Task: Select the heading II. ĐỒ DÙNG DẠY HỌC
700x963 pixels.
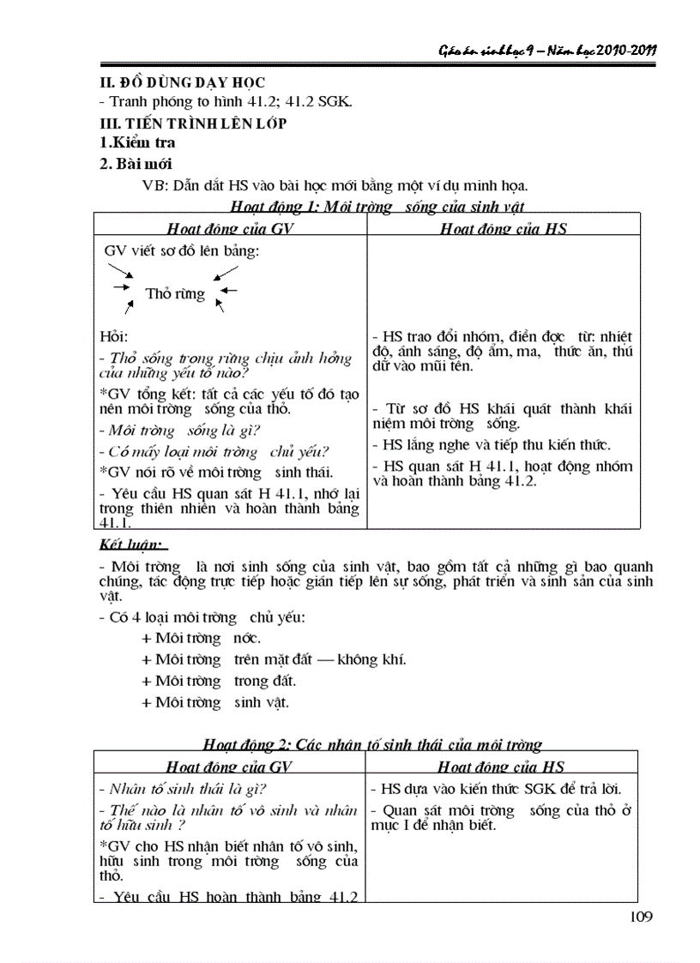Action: click(x=183, y=82)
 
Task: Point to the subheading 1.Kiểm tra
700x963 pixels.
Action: click(x=138, y=142)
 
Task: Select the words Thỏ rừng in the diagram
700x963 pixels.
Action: click(x=175, y=293)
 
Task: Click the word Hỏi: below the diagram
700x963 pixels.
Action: click(x=113, y=337)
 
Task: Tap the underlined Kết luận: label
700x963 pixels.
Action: click(x=132, y=545)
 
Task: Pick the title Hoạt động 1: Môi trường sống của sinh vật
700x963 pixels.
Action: click(x=377, y=206)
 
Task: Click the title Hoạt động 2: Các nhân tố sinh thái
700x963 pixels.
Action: click(x=372, y=744)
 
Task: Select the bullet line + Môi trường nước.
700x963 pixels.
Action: click(x=202, y=638)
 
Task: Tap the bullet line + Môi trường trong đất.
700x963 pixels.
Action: click(x=219, y=681)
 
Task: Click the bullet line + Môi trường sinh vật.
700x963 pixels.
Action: click(x=215, y=702)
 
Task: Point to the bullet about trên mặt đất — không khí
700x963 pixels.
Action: click(x=275, y=659)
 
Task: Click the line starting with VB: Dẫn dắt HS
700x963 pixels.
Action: click(x=335, y=184)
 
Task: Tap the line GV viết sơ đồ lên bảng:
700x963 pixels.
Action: click(x=181, y=250)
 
